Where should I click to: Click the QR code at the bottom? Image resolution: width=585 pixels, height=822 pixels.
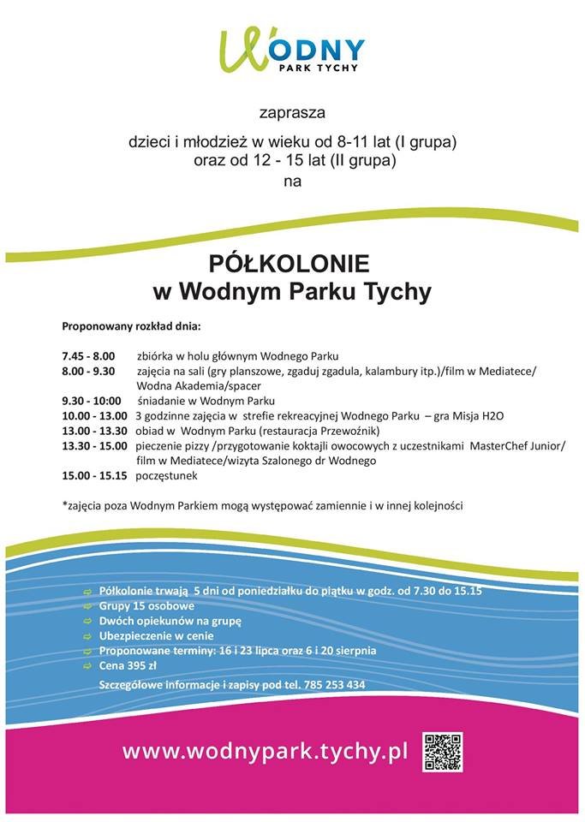pos(443,753)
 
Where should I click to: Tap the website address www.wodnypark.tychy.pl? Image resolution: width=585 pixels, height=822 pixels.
pos(263,752)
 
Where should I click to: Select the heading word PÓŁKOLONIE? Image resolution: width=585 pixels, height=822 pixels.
pos(291,261)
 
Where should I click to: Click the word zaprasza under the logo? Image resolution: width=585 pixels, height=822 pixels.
pos(292,112)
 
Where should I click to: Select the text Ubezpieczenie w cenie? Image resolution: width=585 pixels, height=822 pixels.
pos(157,636)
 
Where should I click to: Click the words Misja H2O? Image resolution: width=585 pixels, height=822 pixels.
pos(474,415)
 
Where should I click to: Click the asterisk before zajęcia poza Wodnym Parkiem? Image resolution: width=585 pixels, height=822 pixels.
pos(64,504)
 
